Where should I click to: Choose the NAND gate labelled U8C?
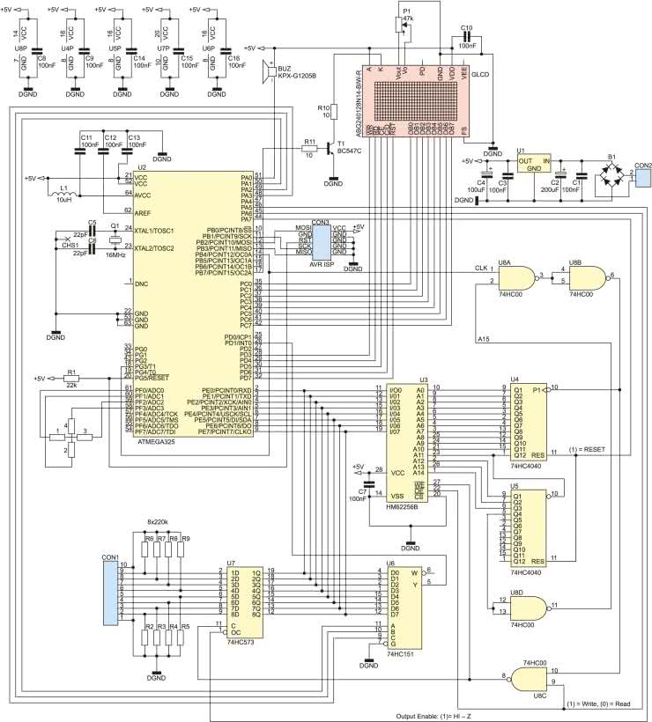pos(532,678)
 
